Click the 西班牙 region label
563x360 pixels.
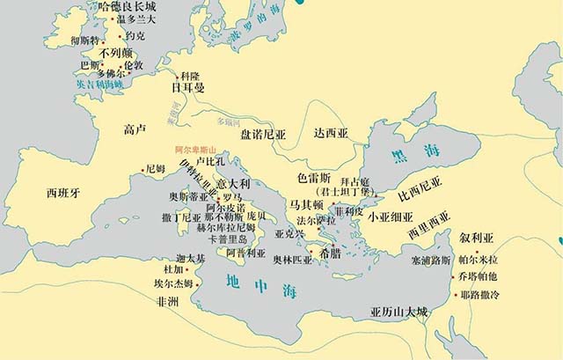pyautogui.click(x=62, y=191)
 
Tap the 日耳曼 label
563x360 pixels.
pyautogui.click(x=187, y=89)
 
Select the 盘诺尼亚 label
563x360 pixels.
pyautogui.click(x=263, y=136)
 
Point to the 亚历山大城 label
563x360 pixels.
pyautogui.click(x=399, y=312)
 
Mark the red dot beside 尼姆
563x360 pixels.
pyautogui.click(x=143, y=171)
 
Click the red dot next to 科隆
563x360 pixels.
pyautogui.click(x=177, y=77)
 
